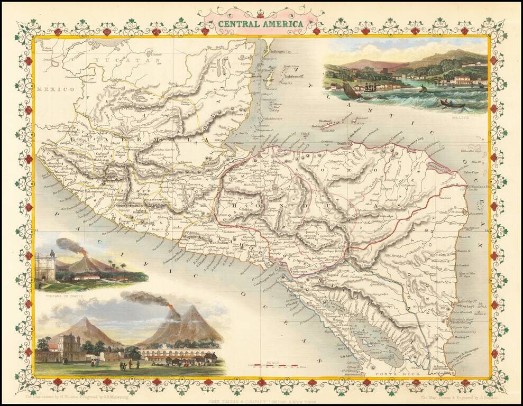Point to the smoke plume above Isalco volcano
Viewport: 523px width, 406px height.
68,244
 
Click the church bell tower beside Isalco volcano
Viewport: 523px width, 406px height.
45,265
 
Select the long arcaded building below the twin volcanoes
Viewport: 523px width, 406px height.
175,353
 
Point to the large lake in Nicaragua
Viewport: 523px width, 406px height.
370,338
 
